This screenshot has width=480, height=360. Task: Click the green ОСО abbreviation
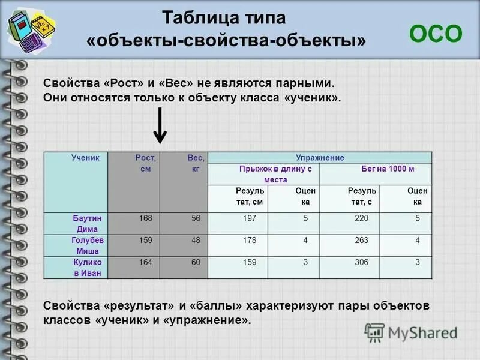click(436, 34)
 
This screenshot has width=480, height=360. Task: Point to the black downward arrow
click(160, 125)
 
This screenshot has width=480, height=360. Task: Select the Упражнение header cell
click(319, 158)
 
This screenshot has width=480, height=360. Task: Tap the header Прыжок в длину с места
click(263, 174)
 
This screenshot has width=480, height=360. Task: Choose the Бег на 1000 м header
click(375, 169)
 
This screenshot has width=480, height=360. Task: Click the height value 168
click(145, 218)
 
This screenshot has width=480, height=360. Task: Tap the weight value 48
click(196, 240)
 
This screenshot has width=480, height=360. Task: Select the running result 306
click(361, 262)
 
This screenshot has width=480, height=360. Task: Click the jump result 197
click(250, 218)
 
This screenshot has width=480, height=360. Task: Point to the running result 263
click(361, 240)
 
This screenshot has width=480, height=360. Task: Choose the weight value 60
click(196, 262)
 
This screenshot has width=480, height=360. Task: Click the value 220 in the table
click(361, 218)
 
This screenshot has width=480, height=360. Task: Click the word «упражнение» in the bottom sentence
click(206, 321)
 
